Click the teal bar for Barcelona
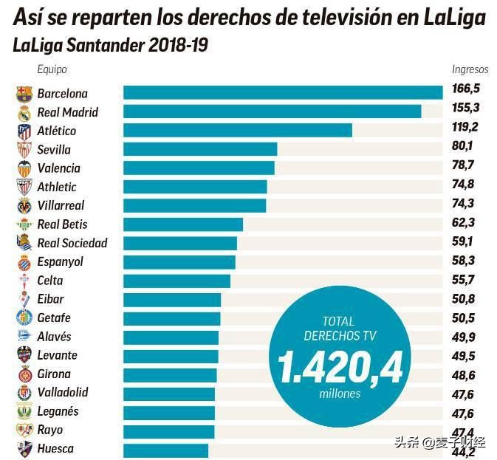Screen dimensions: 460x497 click(282, 92)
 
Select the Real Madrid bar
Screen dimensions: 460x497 click(272, 111)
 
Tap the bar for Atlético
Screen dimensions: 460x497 click(237, 130)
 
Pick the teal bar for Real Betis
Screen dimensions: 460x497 click(182, 224)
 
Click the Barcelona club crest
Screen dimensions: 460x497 click(24, 94)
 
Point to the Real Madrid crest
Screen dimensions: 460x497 click(24, 112)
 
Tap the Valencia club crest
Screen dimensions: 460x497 click(24, 168)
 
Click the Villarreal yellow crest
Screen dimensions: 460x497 click(24, 206)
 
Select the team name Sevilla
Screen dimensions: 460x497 click(56, 149)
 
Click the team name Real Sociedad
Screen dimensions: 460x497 click(72, 243)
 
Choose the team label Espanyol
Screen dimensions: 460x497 click(60, 261)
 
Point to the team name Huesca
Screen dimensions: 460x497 click(55, 448)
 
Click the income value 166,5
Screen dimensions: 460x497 click(466, 89)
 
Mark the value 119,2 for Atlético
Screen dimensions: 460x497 click(466, 126)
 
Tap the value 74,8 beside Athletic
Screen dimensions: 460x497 click(466, 184)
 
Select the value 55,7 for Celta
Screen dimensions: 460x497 click(466, 278)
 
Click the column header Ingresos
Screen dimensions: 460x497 click(470, 69)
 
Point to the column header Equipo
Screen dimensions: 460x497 click(52, 69)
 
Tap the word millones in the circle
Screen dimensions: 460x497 click(340, 394)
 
